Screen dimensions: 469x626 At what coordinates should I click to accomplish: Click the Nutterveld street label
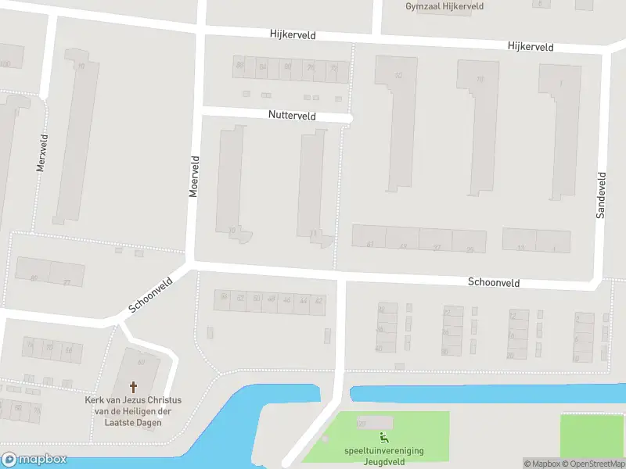[x=291, y=116]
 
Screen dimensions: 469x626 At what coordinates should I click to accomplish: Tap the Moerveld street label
[x=196, y=176]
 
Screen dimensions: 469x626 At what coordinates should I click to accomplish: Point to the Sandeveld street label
[x=601, y=195]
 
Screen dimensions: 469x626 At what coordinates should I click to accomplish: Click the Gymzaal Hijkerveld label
[x=444, y=6]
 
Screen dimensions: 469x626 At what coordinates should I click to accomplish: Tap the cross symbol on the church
[x=133, y=387]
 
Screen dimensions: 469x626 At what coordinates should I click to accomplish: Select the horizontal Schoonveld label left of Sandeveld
[x=494, y=281]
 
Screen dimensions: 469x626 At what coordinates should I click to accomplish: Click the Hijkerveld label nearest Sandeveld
[x=530, y=47]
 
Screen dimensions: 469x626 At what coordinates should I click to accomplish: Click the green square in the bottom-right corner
[x=592, y=436]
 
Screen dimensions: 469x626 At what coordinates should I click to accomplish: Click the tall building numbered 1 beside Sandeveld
[x=559, y=129]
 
